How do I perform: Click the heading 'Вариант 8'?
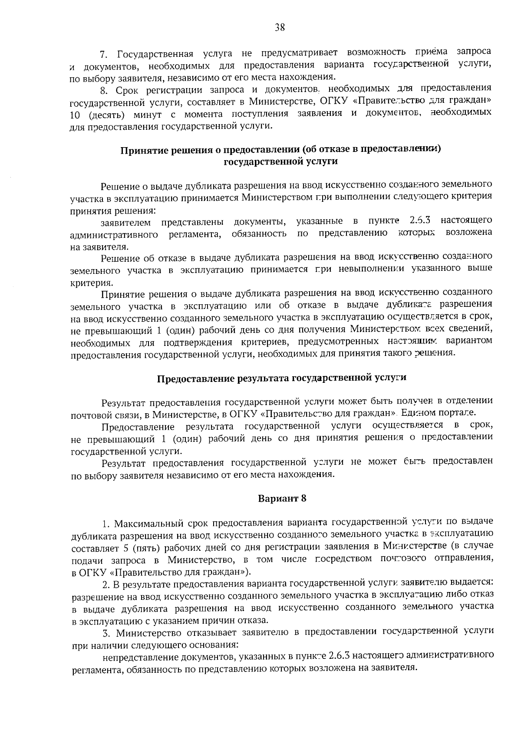point(282,498)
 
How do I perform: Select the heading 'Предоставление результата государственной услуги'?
point(281,378)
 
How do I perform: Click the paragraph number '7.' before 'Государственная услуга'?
point(104,55)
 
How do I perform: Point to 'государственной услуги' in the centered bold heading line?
point(280,162)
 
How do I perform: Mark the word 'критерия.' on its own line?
point(86,283)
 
